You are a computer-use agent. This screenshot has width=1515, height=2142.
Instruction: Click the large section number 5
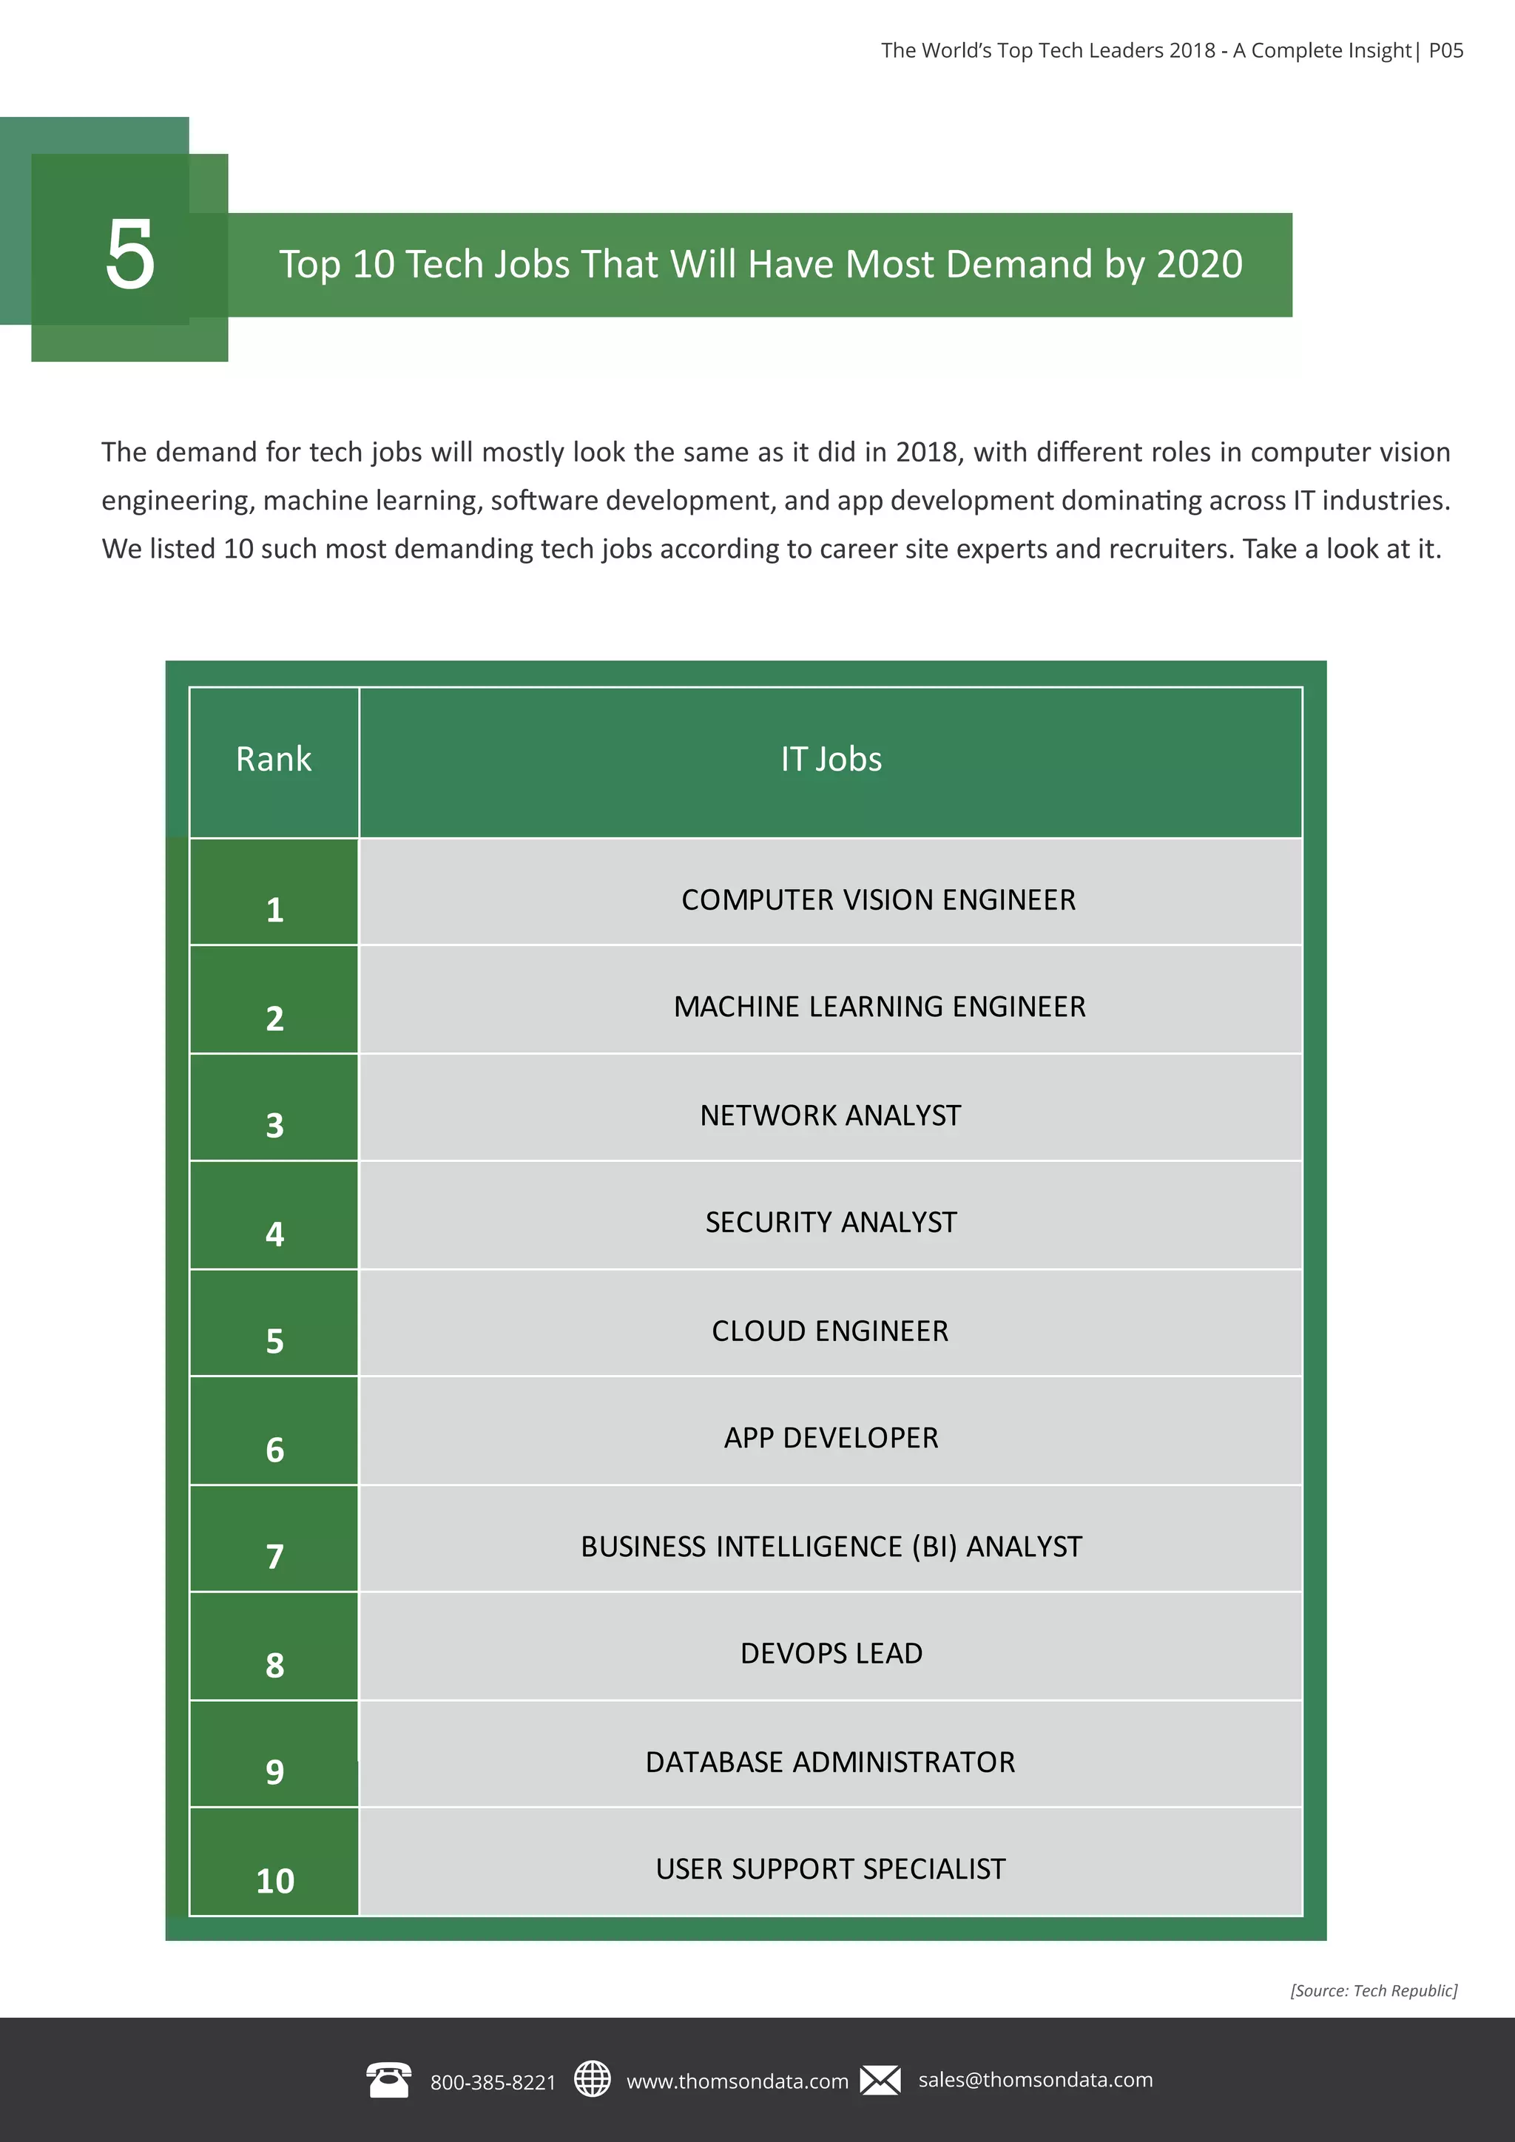click(x=129, y=254)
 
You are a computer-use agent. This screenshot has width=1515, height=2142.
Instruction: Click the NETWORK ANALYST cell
click(x=830, y=1115)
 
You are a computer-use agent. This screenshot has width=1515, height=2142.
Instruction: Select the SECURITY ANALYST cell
click(x=830, y=1222)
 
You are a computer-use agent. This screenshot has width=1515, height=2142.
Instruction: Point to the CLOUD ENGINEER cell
click(x=829, y=1331)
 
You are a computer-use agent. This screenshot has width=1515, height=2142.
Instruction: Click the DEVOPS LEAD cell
click(x=830, y=1653)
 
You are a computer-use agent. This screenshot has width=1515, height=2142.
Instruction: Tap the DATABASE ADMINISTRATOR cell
click(x=829, y=1761)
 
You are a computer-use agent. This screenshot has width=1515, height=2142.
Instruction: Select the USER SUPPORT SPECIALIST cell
click(x=829, y=1868)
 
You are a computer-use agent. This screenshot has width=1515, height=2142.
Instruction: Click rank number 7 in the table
click(x=274, y=1556)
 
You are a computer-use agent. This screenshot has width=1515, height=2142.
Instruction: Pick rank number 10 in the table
click(x=274, y=1881)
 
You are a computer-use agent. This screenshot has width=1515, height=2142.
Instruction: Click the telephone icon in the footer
click(x=388, y=2079)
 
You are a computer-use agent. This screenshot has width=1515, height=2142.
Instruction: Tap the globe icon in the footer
click(x=592, y=2078)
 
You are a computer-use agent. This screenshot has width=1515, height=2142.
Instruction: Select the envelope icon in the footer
click(x=880, y=2079)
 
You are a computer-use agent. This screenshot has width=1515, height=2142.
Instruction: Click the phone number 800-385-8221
click(x=493, y=2081)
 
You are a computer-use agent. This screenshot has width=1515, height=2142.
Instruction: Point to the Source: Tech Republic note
click(x=1373, y=1990)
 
